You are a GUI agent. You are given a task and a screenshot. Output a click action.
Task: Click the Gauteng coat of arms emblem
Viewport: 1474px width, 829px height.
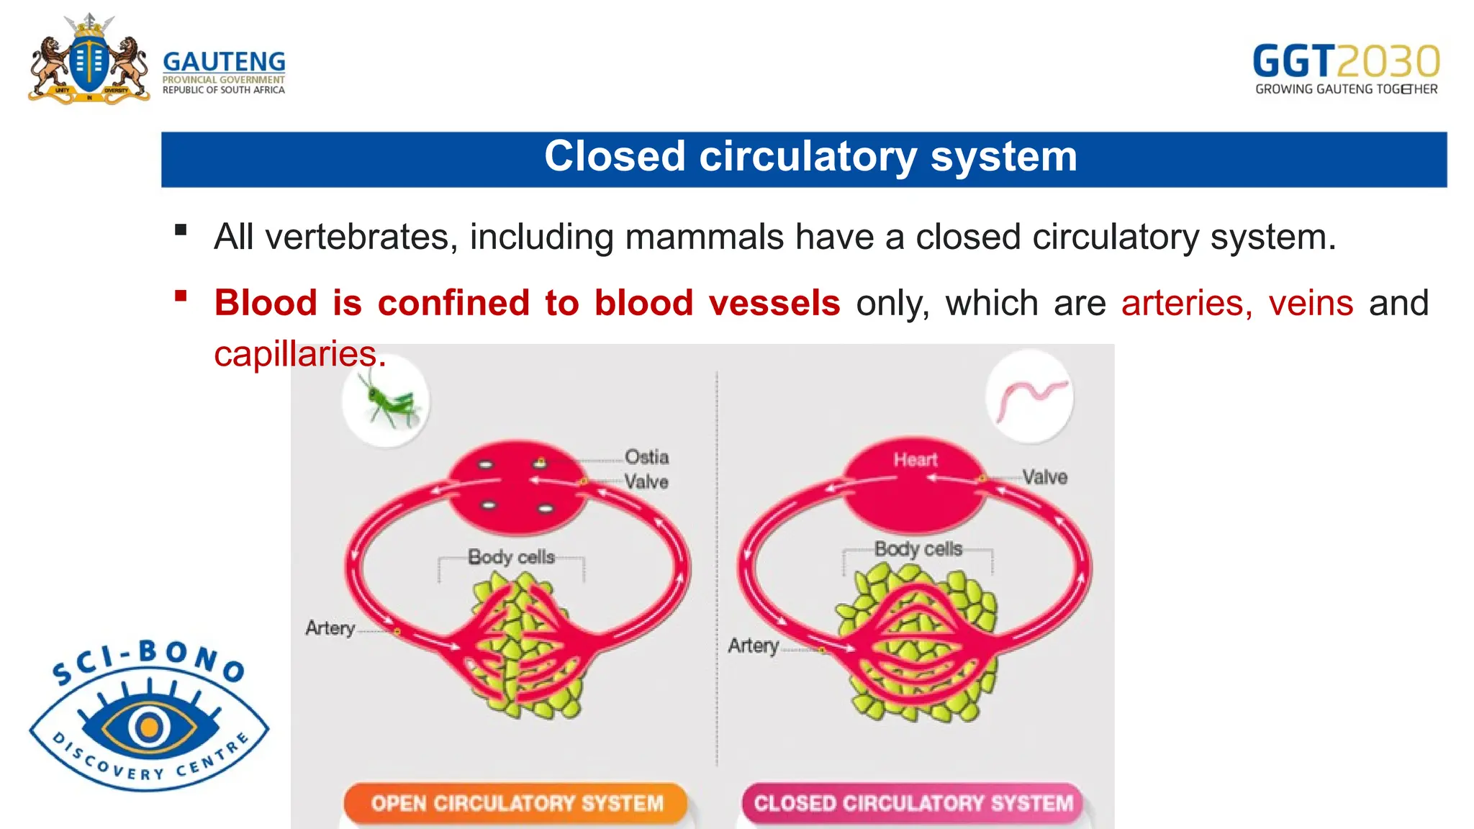click(x=89, y=62)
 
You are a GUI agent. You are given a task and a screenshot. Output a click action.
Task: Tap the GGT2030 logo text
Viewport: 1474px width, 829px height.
click(x=1346, y=62)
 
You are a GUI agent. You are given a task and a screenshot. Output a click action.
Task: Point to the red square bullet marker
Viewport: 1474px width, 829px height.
click(x=181, y=296)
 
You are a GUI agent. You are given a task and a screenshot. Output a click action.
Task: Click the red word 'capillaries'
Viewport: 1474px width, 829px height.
click(x=296, y=354)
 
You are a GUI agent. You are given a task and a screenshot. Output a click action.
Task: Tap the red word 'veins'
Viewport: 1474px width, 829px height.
click(x=1311, y=303)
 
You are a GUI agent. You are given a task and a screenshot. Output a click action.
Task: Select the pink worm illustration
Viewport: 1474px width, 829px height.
click(x=1029, y=399)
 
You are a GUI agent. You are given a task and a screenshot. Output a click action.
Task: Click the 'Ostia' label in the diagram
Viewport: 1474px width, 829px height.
click(x=646, y=457)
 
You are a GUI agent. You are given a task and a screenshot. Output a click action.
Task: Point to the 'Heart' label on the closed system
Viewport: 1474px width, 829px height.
click(x=915, y=460)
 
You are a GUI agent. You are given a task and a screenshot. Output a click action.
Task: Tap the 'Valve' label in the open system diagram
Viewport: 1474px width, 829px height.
click(x=646, y=481)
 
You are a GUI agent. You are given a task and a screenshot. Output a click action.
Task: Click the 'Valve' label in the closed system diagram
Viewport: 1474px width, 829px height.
click(x=1044, y=477)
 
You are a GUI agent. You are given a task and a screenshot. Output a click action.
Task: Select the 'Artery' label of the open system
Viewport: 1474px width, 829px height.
click(x=330, y=628)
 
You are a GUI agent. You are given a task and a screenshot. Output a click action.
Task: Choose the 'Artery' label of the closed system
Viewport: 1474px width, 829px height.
click(x=753, y=645)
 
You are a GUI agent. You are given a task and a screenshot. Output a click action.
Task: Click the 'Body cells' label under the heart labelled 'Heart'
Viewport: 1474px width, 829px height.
click(x=918, y=549)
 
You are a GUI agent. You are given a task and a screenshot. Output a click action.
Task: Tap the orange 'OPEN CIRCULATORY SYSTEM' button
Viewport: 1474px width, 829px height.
click(x=516, y=803)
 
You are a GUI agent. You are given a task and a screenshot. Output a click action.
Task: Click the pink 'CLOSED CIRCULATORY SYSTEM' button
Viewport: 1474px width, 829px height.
click(x=913, y=803)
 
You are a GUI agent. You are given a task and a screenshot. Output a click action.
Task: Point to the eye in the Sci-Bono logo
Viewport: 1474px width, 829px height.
click(x=149, y=727)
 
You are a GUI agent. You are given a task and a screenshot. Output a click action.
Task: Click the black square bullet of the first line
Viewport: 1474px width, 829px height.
click(x=181, y=230)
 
